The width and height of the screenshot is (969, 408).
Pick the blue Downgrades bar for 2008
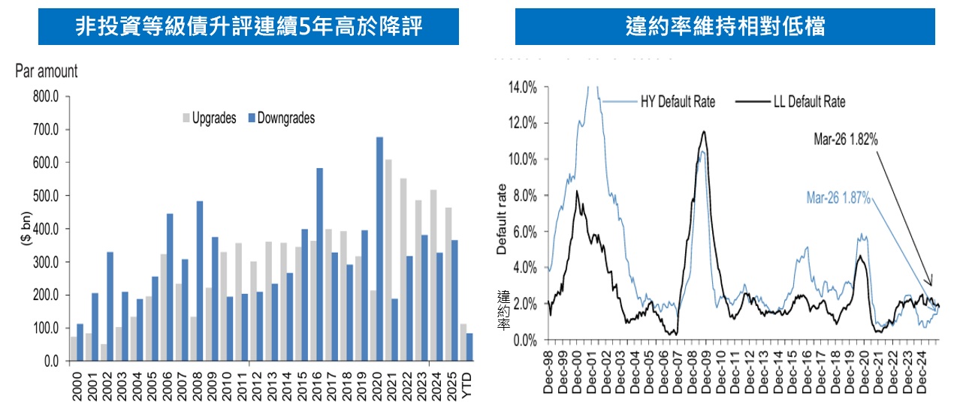click(x=201, y=281)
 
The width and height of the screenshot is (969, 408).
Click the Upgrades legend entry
click(x=210, y=118)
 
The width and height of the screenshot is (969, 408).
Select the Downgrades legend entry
click(x=282, y=118)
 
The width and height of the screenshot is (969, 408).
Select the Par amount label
click(x=46, y=72)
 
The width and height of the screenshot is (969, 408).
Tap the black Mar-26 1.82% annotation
click(x=847, y=139)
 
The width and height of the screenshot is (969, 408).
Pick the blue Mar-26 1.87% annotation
click(x=838, y=198)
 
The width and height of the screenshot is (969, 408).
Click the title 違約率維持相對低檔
click(x=725, y=27)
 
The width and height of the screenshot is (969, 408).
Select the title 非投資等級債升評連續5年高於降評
click(x=249, y=27)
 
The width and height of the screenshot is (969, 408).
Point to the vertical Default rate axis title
click(x=502, y=219)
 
